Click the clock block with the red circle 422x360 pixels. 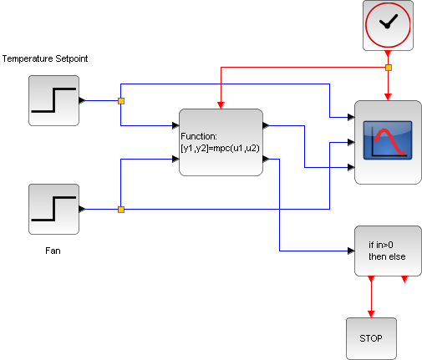point(388,25)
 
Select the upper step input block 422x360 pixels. point(53,100)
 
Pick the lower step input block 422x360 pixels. point(53,209)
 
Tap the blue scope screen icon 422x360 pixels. point(387,140)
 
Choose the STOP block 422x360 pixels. point(370,339)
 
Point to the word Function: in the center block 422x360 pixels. point(199,134)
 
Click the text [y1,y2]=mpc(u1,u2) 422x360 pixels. point(220,147)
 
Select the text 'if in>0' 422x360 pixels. point(381,245)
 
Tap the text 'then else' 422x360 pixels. point(387,256)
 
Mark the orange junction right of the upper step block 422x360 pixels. point(120,100)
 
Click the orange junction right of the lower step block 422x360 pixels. point(120,209)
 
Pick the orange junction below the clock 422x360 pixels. point(388,67)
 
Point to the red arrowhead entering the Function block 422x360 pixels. point(221,106)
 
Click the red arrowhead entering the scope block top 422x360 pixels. point(388,97)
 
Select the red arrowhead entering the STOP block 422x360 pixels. point(371,314)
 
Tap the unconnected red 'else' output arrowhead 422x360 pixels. point(404,280)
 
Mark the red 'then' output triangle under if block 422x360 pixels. point(371,280)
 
